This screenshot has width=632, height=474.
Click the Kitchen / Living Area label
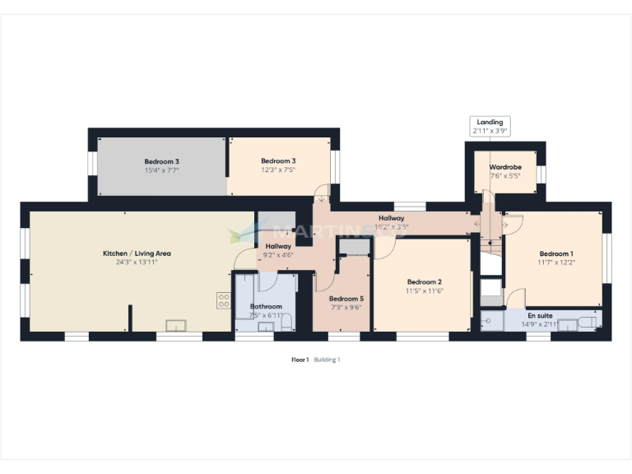click(137, 253)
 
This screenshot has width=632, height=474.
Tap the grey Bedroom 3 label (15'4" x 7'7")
click(161, 161)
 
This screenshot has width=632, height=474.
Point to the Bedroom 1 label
click(556, 253)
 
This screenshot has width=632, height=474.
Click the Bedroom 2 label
click(424, 281)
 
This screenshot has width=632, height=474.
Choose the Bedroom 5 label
click(345, 298)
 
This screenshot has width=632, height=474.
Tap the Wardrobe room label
click(505, 165)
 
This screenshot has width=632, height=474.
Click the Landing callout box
click(490, 126)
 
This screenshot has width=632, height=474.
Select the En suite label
click(540, 315)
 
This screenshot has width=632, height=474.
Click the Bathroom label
click(265, 306)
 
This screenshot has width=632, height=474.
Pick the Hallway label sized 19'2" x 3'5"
click(391, 218)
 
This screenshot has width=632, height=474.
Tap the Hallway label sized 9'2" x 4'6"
click(278, 246)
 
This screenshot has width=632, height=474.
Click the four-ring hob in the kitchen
click(223, 300)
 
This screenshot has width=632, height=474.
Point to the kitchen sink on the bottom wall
click(176, 324)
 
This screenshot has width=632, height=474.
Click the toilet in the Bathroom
click(286, 322)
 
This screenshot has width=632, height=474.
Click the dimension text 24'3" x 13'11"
click(137, 263)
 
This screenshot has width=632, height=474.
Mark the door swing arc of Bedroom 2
click(382, 249)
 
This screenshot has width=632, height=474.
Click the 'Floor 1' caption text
click(300, 360)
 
